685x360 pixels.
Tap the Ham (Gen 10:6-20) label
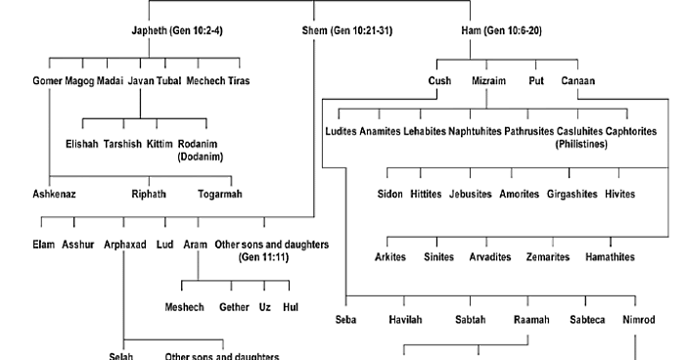point(501,30)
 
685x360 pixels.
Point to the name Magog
point(79,81)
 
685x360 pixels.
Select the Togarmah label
point(220,194)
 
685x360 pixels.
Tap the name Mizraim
point(489,81)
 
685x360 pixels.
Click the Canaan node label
point(579,81)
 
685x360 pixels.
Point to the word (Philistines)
point(581,143)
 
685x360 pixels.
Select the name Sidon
point(389,194)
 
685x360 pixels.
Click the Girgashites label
point(571,194)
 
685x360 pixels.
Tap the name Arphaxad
point(124,244)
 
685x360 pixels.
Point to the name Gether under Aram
point(234,306)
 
